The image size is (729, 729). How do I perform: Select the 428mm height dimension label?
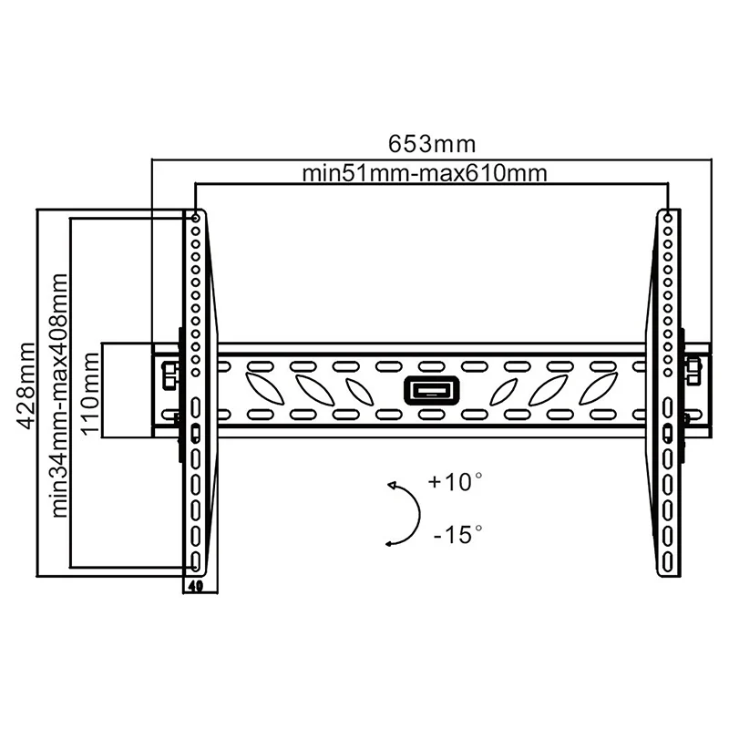(26, 385)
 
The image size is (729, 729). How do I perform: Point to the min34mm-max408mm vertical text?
(61, 395)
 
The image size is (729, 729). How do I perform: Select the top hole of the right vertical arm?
(668, 219)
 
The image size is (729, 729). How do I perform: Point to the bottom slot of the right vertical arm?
(669, 558)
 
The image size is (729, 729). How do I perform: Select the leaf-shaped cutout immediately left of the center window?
(358, 391)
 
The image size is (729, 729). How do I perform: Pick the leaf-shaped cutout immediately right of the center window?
(502, 391)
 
